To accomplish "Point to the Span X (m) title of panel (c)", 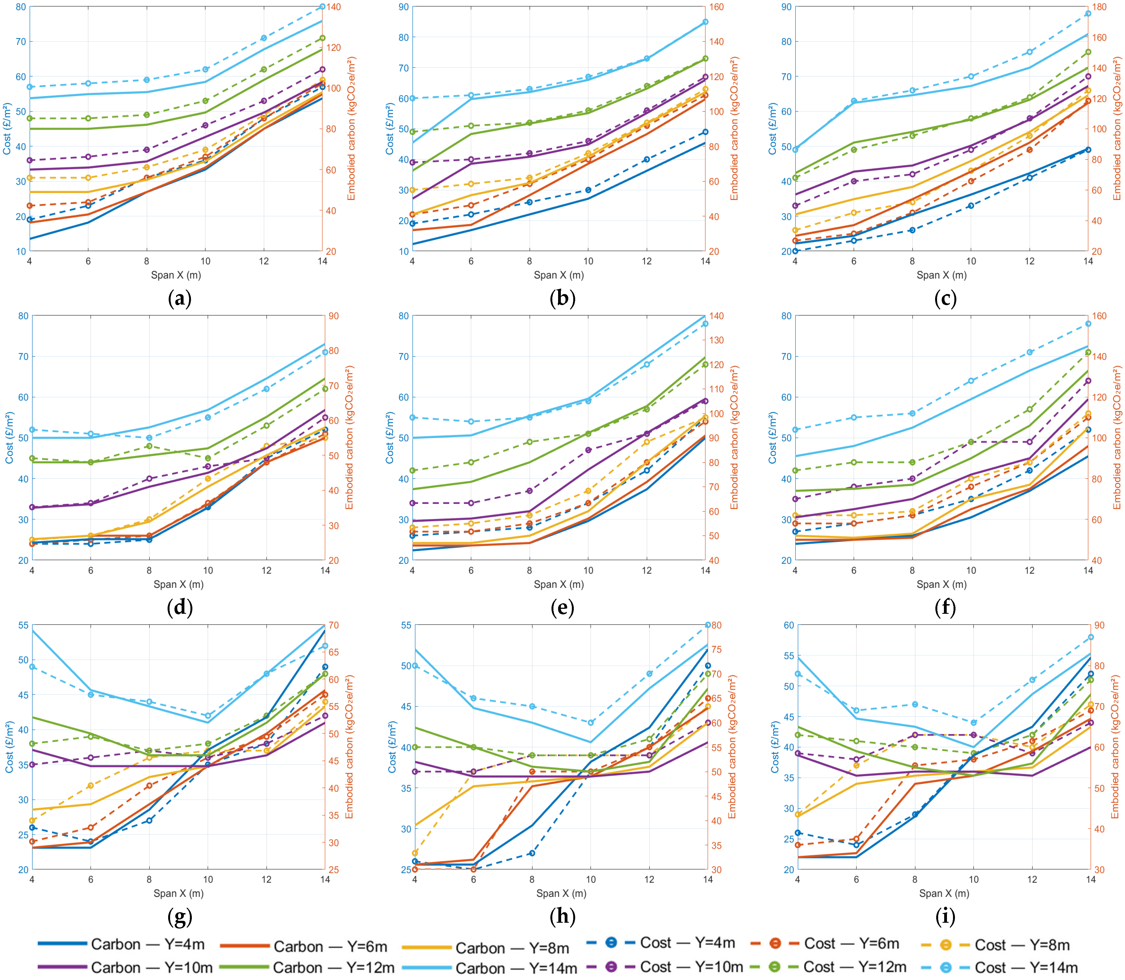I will pos(941,275).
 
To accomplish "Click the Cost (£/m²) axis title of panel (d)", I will pos(9,438).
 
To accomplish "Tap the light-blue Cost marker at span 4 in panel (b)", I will pos(413,98).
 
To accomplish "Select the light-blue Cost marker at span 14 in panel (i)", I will pos(1091,637).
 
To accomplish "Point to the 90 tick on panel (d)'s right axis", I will pos(334,316).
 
